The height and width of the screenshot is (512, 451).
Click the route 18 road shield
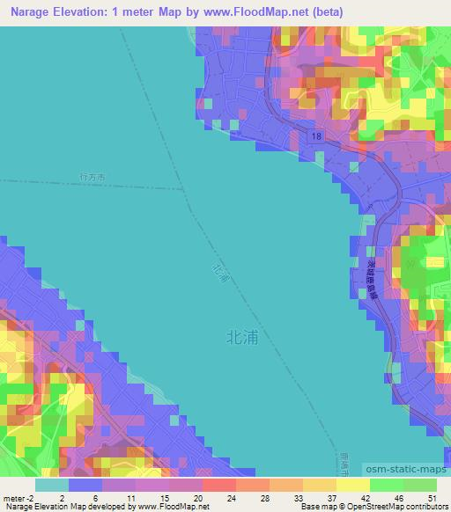point(314,135)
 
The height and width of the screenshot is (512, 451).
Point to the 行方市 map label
point(92,178)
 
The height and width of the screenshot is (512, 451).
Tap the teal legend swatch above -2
point(52,485)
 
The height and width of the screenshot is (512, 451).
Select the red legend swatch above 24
point(219,485)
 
